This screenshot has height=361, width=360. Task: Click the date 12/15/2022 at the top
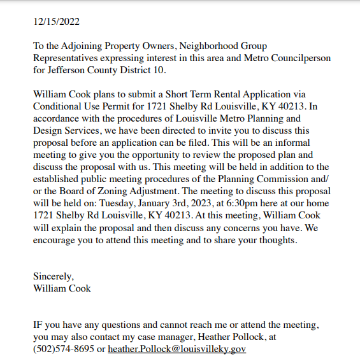coord(57,21)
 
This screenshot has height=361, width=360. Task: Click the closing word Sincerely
coord(54,276)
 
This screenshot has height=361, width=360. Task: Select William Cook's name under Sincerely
coord(62,288)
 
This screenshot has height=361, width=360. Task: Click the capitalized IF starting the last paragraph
coord(38,325)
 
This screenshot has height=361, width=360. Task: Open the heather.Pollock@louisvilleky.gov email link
coord(176,349)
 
